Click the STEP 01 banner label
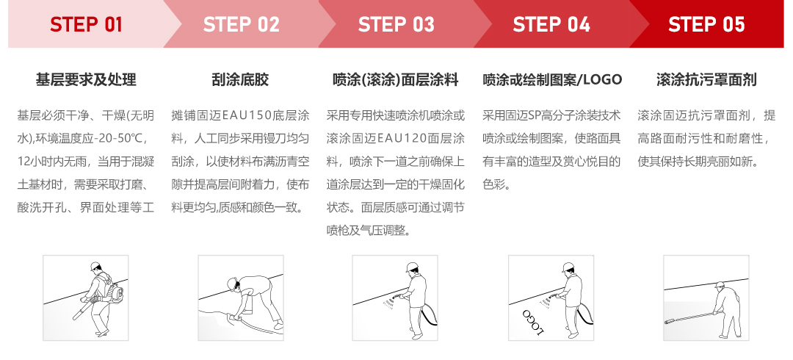(86, 25)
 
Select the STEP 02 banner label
(242, 25)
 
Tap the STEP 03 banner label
(396, 25)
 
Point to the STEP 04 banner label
(551, 25)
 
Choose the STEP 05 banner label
(706, 25)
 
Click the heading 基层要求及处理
(86, 79)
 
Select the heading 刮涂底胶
(240, 79)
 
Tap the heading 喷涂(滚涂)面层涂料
(396, 79)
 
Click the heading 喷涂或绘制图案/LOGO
(552, 79)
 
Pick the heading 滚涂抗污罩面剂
(706, 79)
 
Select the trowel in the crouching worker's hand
(236, 317)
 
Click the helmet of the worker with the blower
(95, 267)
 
